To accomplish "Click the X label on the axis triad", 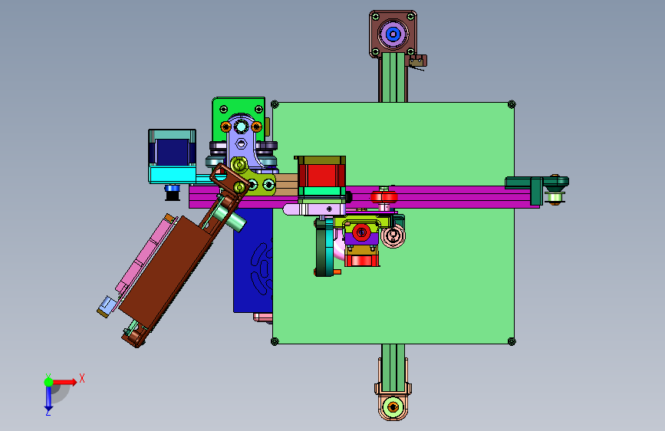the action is pyautogui.click(x=82, y=378).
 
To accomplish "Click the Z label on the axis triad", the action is pyautogui.click(x=48, y=412).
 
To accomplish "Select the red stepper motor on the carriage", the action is pyautogui.click(x=321, y=175).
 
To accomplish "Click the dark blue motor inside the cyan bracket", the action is pyautogui.click(x=172, y=151).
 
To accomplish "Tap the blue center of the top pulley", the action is pyautogui.click(x=393, y=34).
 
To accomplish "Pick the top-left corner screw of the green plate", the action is pyautogui.click(x=275, y=104).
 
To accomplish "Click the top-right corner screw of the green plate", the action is pyautogui.click(x=512, y=104).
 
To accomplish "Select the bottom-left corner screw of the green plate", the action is pyautogui.click(x=275, y=341).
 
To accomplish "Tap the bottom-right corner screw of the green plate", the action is pyautogui.click(x=512, y=341).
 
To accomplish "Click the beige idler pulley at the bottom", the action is pyautogui.click(x=393, y=407).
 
